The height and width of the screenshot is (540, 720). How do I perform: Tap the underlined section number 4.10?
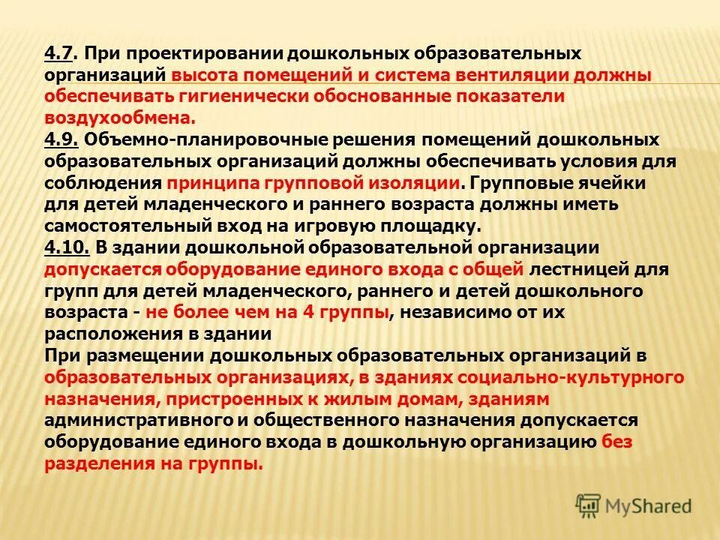pos(67,247)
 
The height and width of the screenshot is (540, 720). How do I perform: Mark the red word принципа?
pos(212,183)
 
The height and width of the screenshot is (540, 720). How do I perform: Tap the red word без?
pos(616,442)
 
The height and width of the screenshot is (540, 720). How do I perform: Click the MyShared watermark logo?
pos(633,505)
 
